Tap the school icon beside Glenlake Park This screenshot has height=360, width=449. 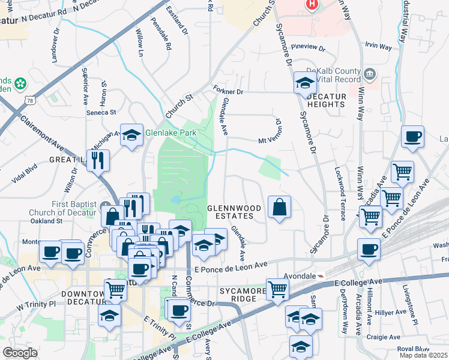[x=131, y=136]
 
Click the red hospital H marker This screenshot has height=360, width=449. [x=312, y=4]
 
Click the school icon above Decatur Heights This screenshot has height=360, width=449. [x=304, y=83]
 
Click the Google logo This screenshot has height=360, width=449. [x=20, y=352]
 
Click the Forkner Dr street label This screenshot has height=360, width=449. [x=228, y=92]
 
